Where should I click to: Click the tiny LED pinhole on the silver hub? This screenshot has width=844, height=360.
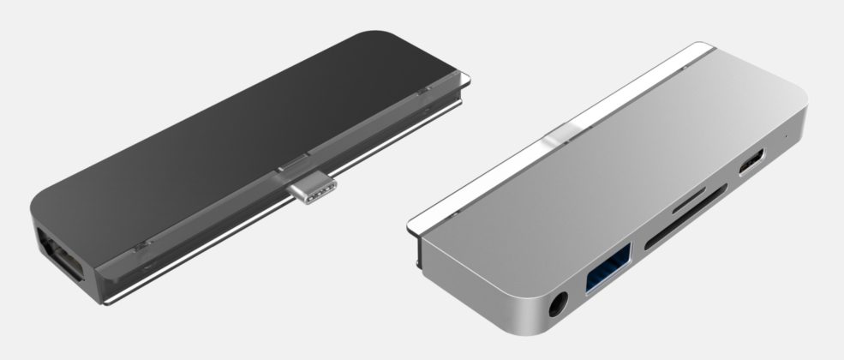pos(788,135)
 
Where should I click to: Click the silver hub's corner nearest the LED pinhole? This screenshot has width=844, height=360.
pos(801,120)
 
